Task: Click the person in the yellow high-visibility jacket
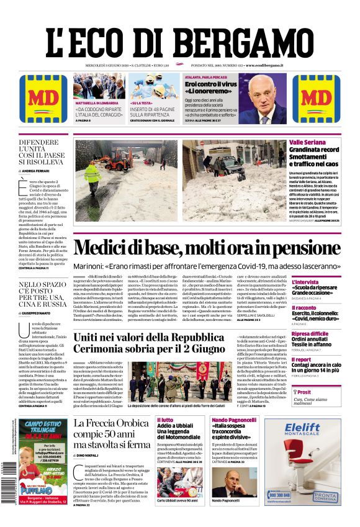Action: (93, 173)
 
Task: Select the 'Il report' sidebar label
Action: (302, 359)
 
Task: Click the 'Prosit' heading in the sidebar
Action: (304, 392)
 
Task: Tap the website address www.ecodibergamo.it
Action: (264, 65)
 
